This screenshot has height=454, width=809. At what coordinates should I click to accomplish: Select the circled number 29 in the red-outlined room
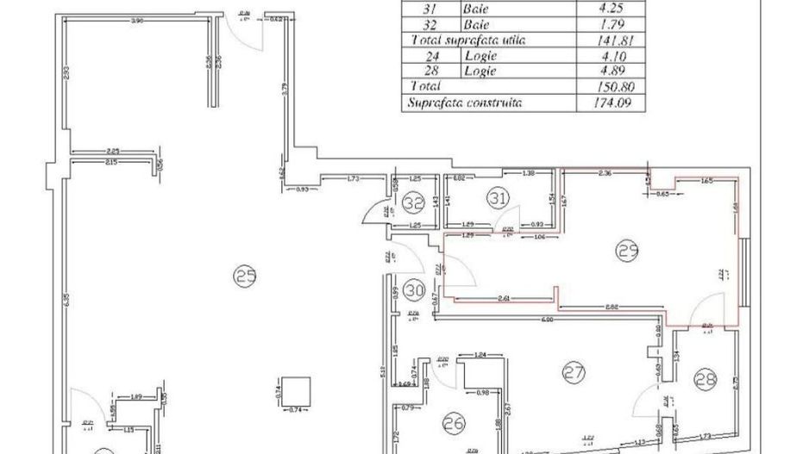[x=627, y=251]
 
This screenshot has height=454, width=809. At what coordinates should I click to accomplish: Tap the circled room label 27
[x=574, y=373]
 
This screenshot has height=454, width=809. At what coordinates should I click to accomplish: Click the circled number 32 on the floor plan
[x=415, y=204]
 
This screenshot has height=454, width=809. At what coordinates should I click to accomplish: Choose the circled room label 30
[x=415, y=289]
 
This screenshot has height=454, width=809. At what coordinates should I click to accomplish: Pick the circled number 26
[x=455, y=422]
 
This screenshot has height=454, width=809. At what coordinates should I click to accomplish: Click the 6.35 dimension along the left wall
[x=66, y=300]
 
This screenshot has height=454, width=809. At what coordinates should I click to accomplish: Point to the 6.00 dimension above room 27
[x=546, y=320]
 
